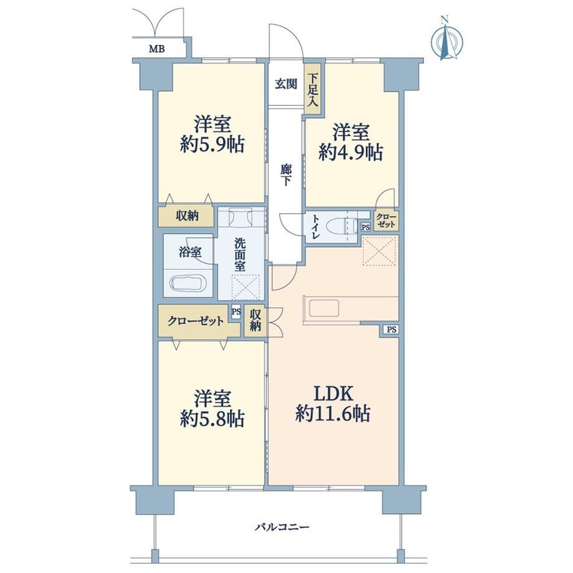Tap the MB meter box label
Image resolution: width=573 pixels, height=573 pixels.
[x=157, y=49]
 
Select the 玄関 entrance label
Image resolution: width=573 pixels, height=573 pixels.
[x=286, y=84]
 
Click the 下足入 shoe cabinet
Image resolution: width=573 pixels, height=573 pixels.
[x=313, y=90]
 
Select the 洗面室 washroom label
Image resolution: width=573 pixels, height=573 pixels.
[x=240, y=255]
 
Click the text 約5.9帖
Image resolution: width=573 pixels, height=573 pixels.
[x=212, y=145]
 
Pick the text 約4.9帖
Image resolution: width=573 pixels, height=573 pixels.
[x=351, y=153]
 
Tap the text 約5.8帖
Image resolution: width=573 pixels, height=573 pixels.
[x=212, y=419]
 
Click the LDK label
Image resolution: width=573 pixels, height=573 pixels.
[x=334, y=394]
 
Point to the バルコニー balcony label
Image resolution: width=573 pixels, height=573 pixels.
[x=282, y=526]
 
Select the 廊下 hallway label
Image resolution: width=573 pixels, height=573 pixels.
[x=286, y=174]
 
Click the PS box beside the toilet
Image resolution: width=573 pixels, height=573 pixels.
[x=366, y=227]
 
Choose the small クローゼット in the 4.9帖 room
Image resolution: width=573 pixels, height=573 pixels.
[x=386, y=220]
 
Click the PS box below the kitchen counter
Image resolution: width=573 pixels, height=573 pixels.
[x=391, y=329]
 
